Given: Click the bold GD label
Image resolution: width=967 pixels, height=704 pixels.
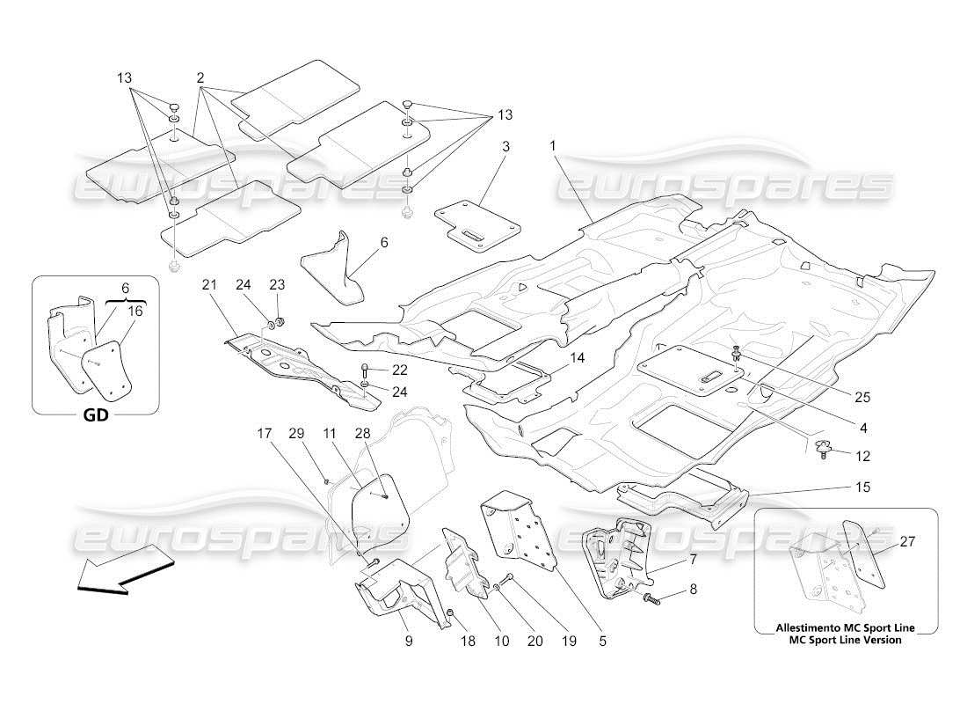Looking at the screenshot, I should point(96,415).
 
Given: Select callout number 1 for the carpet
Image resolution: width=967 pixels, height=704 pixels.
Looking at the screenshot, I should point(554,144).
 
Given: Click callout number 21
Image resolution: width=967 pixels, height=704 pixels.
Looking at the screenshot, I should point(208,284).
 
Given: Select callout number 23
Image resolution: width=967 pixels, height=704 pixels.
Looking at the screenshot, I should point(277,284).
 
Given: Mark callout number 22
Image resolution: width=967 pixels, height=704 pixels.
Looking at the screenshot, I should point(400,370).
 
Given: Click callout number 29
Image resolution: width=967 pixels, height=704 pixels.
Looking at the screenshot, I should point(296,434).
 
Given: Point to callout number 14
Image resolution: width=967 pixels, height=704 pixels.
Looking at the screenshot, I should point(576,358).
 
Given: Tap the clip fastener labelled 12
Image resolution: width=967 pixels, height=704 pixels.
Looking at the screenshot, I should point(825,450).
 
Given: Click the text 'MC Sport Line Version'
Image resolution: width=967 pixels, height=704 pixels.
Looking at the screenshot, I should point(844,640).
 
